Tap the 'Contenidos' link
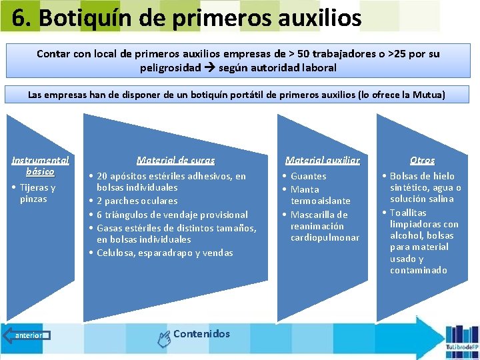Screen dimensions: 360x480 coord(201,334)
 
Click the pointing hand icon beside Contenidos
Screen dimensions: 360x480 coord(163,339)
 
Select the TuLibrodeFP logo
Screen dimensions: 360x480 coord(462,337)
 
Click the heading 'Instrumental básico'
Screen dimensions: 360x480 coord(40,165)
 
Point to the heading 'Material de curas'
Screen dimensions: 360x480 coord(175,160)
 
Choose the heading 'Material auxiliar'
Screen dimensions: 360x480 coord(322,160)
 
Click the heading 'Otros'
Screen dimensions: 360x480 coord(422,160)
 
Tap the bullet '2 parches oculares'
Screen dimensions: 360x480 coord(137,201)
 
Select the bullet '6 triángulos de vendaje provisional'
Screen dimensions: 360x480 coord(172,215)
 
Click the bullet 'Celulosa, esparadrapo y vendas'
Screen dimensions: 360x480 coord(165,253)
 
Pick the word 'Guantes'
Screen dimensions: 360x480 coord(309,176)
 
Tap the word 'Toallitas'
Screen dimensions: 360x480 coord(408,213)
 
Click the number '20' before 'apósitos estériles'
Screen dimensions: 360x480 coord(103,176)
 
